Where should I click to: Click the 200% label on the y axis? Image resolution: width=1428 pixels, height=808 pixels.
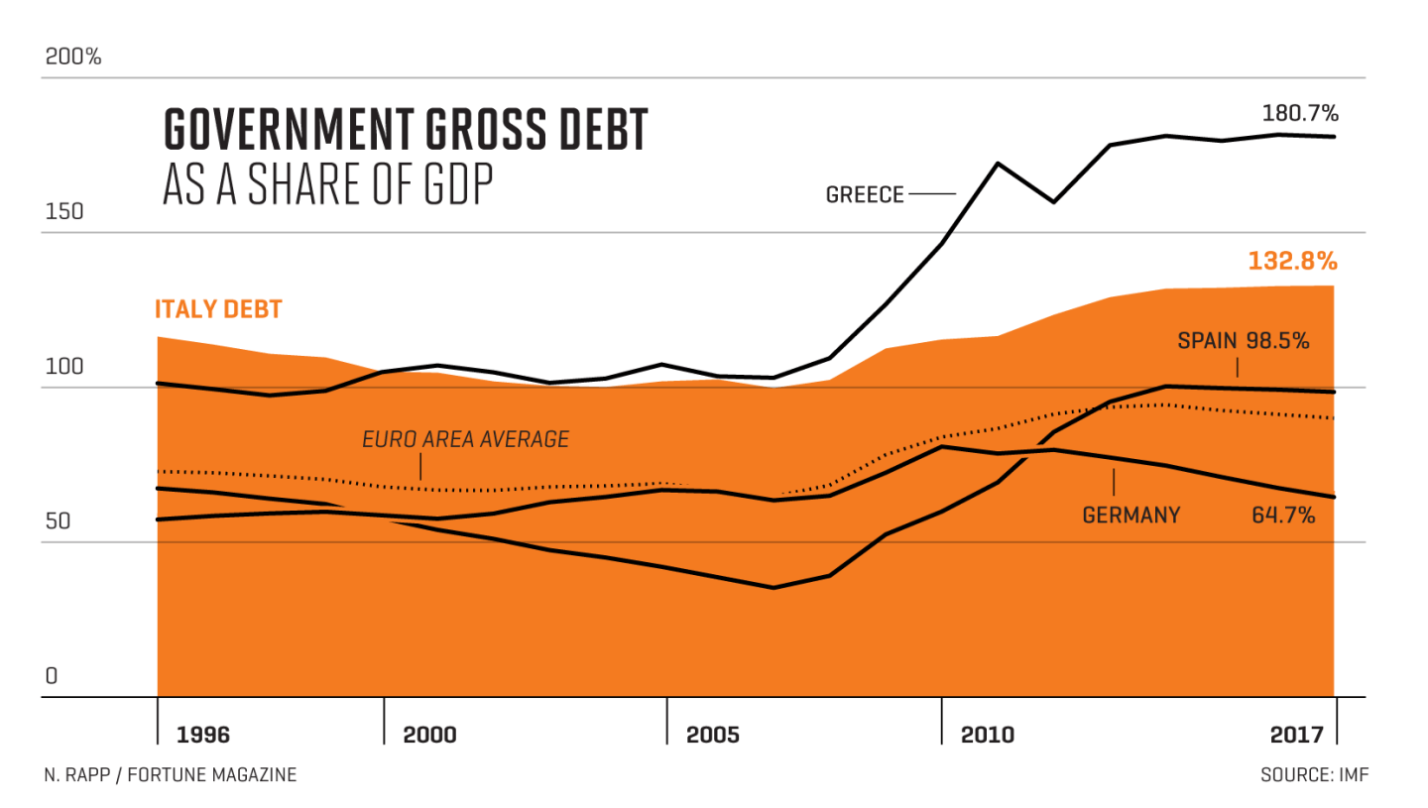73,57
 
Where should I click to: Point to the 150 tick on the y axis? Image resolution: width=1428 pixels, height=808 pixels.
62,211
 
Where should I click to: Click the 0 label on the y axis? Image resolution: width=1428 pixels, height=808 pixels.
52,676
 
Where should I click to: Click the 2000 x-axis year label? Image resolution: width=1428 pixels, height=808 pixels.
429,735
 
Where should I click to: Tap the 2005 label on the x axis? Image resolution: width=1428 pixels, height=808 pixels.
712,735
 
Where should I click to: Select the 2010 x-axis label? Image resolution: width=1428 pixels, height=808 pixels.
987,735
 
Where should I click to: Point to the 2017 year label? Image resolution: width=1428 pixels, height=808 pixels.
1297,735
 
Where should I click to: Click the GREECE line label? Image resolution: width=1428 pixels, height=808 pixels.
865,194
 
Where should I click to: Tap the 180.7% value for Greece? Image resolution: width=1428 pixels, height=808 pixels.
1298,112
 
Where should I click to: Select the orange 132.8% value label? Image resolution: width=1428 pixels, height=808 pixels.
1293,262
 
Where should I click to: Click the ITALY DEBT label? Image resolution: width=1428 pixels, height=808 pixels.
218,309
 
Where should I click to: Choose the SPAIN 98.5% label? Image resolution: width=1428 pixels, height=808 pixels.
1244,341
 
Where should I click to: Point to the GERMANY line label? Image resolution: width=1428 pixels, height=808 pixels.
1131,515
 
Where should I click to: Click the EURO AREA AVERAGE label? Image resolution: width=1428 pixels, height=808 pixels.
465,438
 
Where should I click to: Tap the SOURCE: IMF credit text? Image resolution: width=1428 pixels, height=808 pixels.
1314,774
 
